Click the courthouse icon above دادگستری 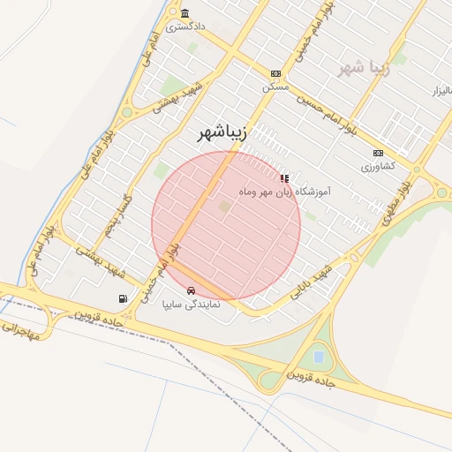[x=185, y=13]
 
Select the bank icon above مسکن [x=275, y=74]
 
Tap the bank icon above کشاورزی [x=379, y=153]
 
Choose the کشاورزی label [x=379, y=166]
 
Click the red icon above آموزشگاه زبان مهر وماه [x=283, y=178]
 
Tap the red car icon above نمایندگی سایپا [x=191, y=290]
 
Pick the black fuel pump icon [x=122, y=298]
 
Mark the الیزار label [x=441, y=91]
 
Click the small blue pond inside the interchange [x=318, y=358]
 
